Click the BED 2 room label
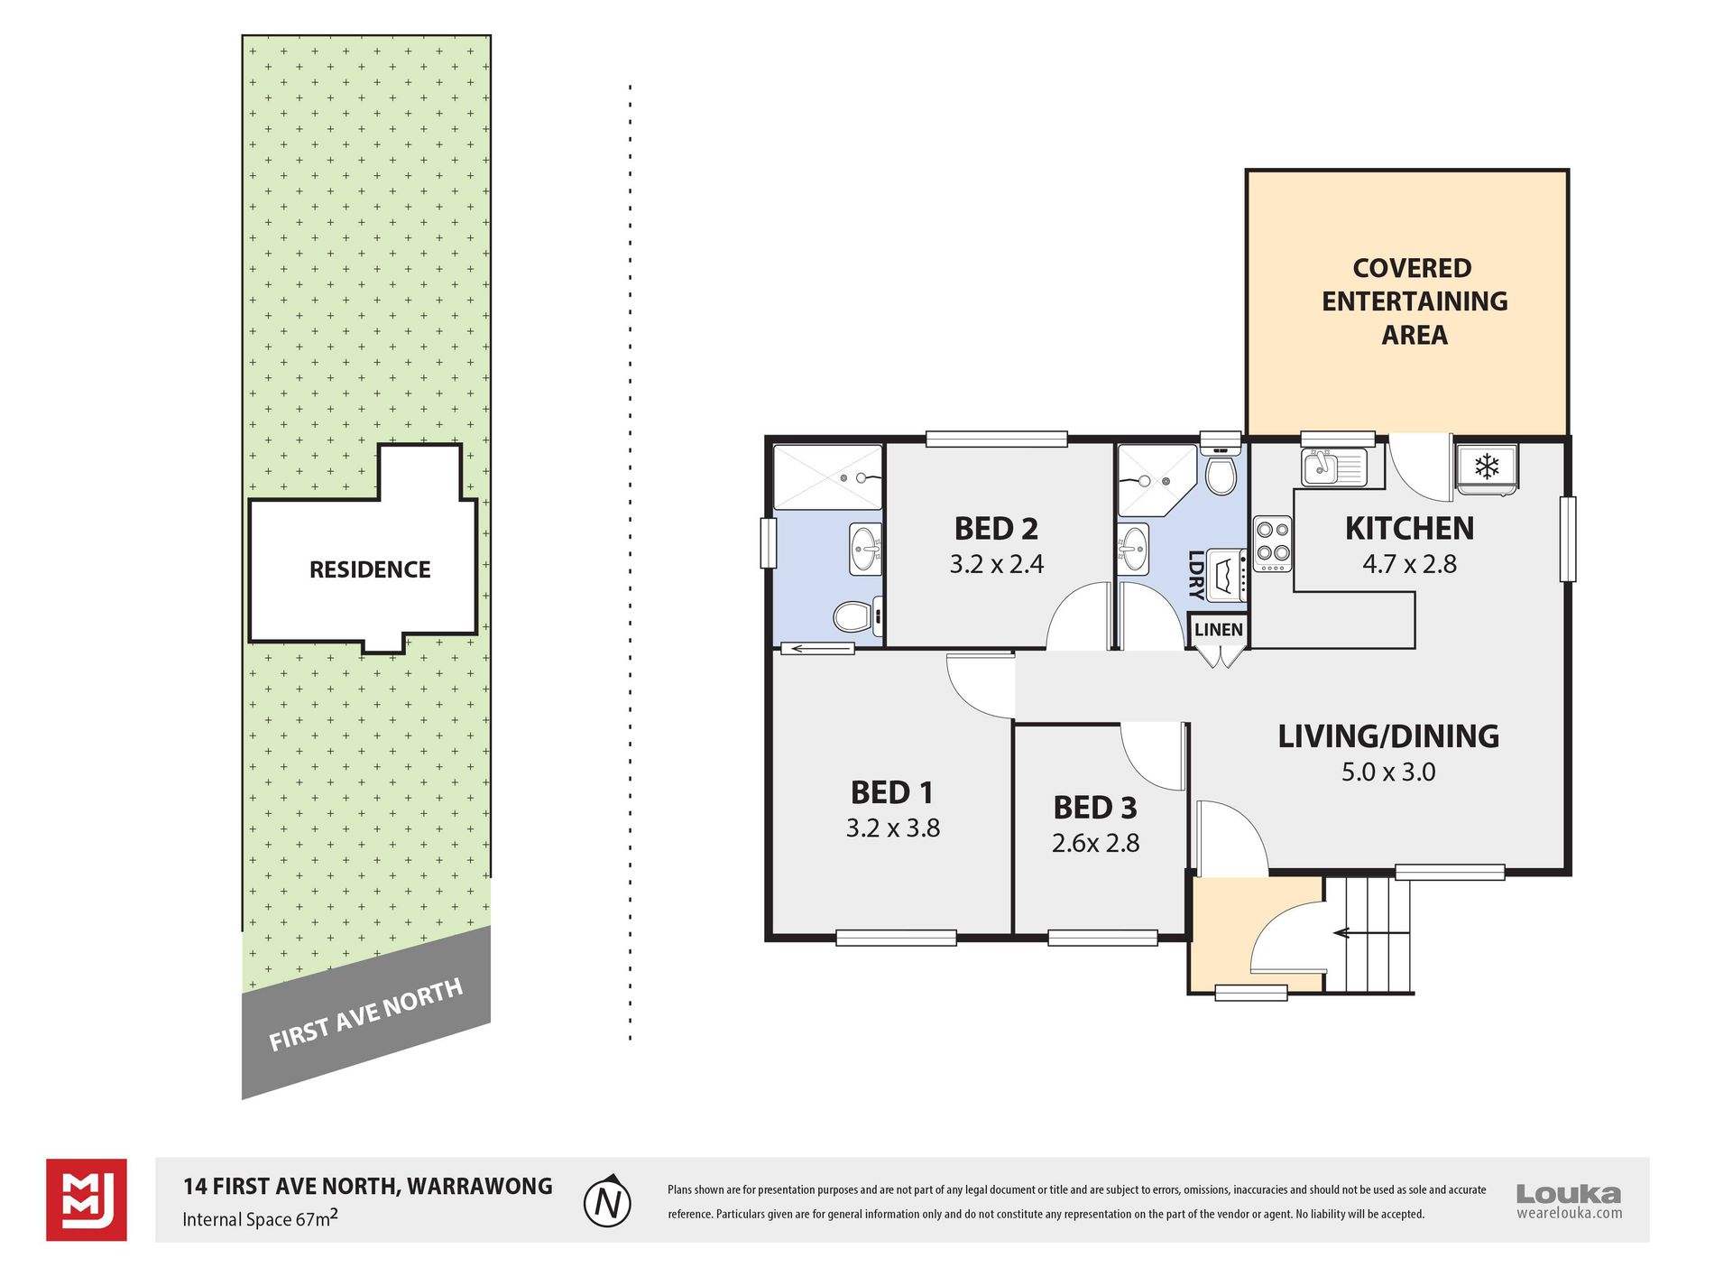[x=996, y=528]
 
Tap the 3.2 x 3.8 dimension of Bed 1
[x=893, y=828]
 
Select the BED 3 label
[x=1095, y=807]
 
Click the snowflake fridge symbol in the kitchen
[x=1487, y=467]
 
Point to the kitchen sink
[x=1333, y=466]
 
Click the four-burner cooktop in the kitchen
[x=1272, y=543]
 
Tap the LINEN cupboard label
[x=1219, y=629]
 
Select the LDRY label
[x=1195, y=575]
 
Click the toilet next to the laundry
[x=1221, y=470]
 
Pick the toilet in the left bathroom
[x=854, y=617]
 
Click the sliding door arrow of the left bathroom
[x=817, y=648]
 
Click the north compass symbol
[x=607, y=1201]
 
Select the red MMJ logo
[x=87, y=1200]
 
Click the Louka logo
[x=1569, y=1201]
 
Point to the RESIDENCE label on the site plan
[x=370, y=569]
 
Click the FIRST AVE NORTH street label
[x=365, y=1015]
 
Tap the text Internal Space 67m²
[x=261, y=1217]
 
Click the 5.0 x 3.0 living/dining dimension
[x=1388, y=772]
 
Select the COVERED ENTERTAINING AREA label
[x=1415, y=301]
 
